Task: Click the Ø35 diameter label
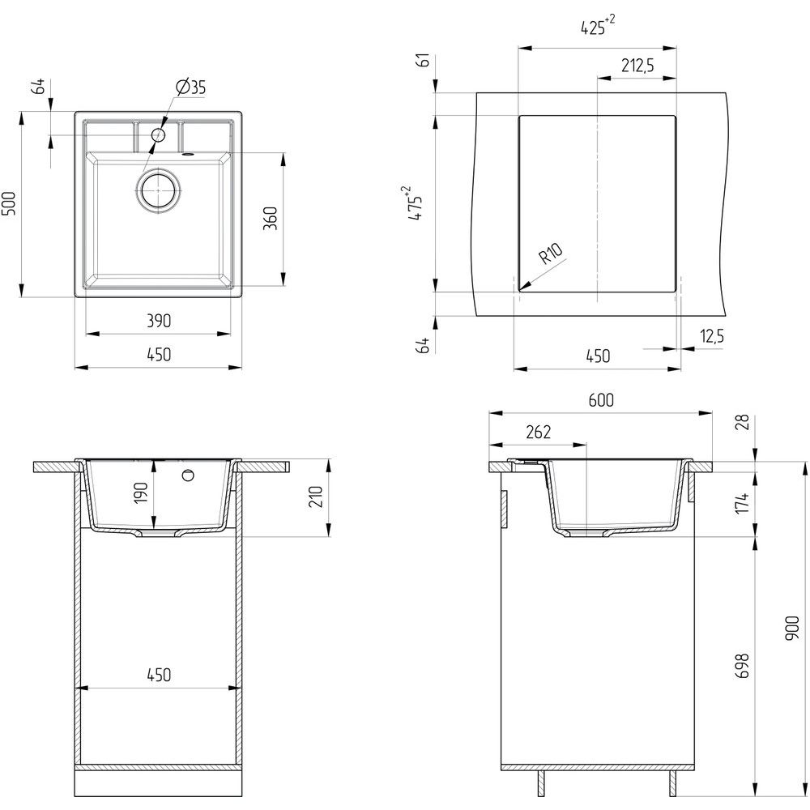(190, 87)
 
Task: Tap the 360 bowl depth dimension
(271, 218)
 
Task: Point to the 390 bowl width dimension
(159, 321)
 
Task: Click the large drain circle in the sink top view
(159, 190)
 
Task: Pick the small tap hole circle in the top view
(158, 135)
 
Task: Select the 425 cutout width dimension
(598, 26)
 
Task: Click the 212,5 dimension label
(637, 66)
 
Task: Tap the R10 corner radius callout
(550, 253)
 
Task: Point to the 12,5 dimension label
(712, 336)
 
